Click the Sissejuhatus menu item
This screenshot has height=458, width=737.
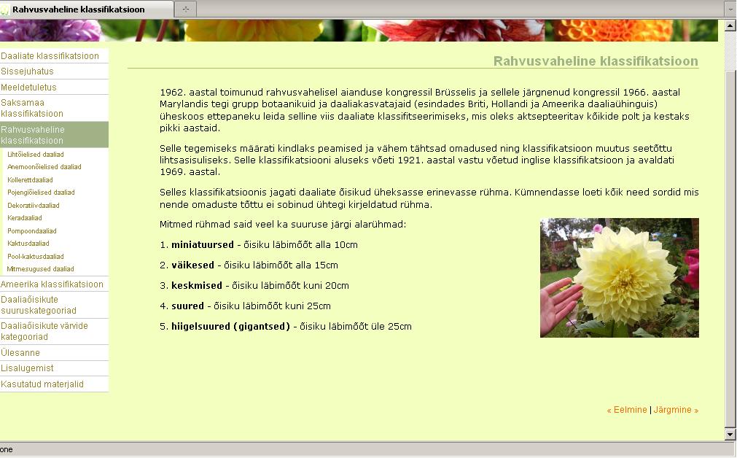[27, 71]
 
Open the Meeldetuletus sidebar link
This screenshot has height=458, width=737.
[28, 88]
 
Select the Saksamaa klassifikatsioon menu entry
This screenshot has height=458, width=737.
[32, 108]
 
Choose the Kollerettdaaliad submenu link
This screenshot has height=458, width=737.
[30, 180]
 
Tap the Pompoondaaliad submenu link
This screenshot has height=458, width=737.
[32, 231]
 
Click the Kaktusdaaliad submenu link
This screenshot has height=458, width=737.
[28, 244]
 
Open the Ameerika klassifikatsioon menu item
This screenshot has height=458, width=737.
[52, 284]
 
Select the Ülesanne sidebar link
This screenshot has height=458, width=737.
[20, 353]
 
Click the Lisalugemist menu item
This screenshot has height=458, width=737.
[27, 368]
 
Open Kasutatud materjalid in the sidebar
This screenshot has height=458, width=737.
[42, 384]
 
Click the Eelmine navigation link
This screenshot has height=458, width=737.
[627, 410]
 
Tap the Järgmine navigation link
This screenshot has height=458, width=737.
[676, 410]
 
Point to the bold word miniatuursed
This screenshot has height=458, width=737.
[203, 245]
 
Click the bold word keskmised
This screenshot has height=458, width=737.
[197, 286]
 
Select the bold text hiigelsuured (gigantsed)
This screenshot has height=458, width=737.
[231, 327]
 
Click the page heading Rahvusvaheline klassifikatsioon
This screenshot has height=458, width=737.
[596, 61]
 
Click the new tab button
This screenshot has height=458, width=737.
[186, 9]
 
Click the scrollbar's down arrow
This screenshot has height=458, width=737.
[730, 435]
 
